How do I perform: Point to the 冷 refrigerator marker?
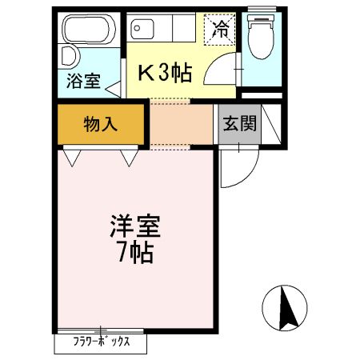[x=219, y=30]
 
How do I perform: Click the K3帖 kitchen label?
[x=166, y=74]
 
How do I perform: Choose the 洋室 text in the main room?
[x=135, y=226]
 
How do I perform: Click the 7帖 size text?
[x=135, y=255]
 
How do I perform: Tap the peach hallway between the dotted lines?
[x=181, y=124]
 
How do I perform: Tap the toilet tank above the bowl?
[x=259, y=18]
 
